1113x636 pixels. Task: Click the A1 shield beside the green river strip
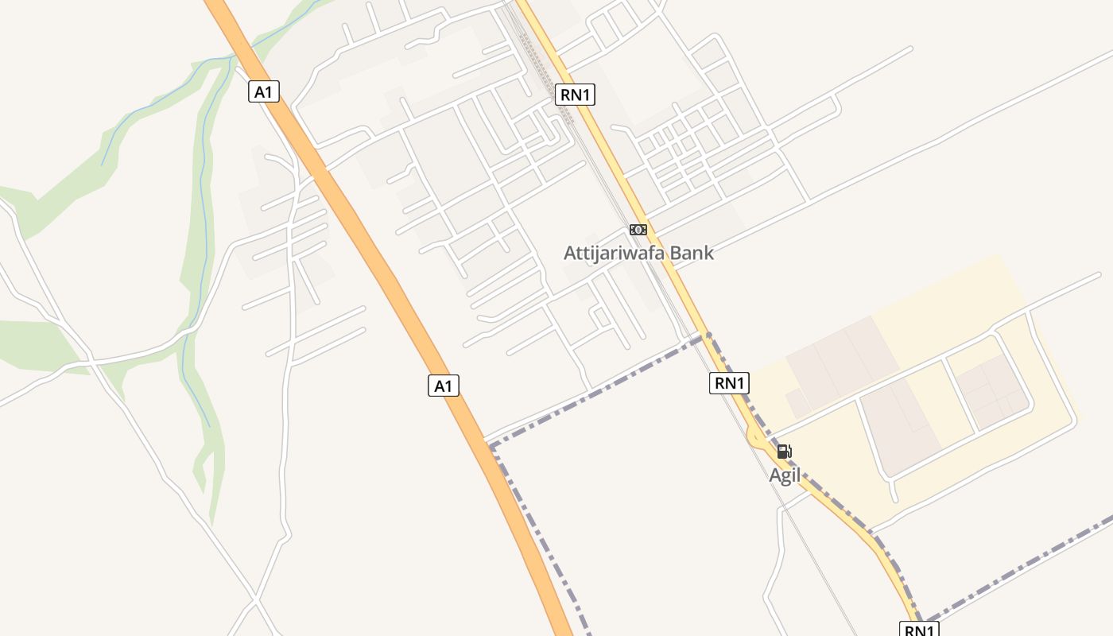pos(263,91)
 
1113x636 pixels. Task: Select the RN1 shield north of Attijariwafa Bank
pos(575,95)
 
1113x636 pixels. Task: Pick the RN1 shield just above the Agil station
pos(729,383)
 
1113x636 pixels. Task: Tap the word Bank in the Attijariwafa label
pos(691,253)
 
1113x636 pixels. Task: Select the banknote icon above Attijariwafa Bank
pos(638,230)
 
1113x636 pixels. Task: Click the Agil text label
pos(784,475)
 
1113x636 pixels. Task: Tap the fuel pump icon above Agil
pos(784,452)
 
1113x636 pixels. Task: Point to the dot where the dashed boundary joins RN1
pos(708,335)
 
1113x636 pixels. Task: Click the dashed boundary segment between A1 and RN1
pos(596,391)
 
